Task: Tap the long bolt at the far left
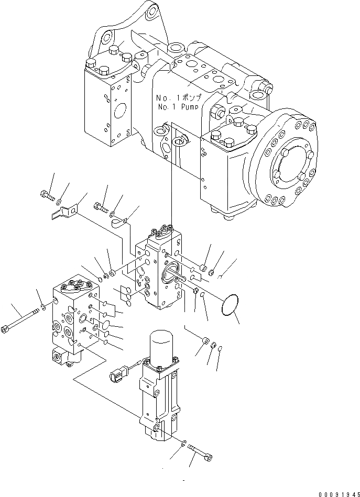[20, 325]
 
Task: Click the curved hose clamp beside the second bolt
[119, 223]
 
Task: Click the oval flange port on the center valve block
[171, 272]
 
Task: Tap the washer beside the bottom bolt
[182, 445]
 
